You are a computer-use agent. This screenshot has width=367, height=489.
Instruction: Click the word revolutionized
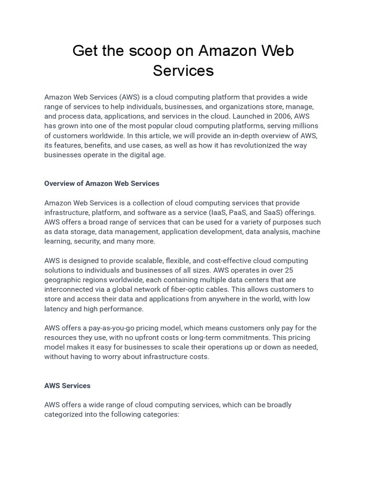point(241,145)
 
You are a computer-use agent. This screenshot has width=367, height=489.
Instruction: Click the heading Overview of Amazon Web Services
point(102,183)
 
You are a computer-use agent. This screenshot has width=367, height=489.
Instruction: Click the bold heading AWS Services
point(67,385)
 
